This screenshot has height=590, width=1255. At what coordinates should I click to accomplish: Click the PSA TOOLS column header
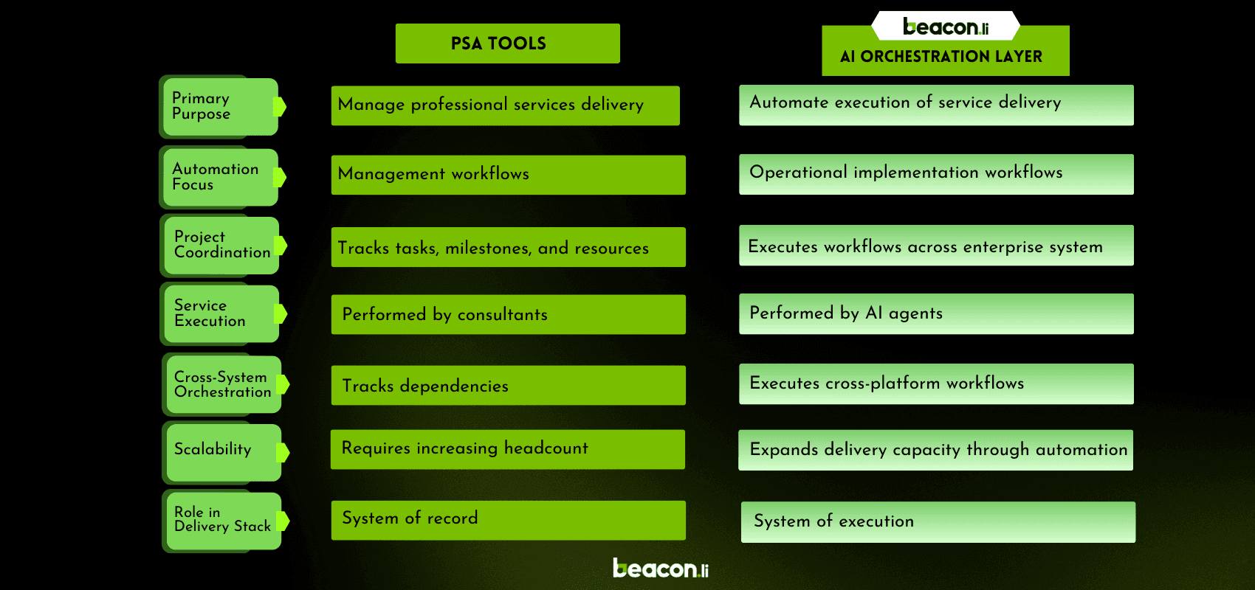pos(507,44)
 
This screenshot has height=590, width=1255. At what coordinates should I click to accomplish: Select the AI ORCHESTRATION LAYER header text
pos(941,57)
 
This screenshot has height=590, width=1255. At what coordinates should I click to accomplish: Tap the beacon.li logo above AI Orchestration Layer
pos(946,27)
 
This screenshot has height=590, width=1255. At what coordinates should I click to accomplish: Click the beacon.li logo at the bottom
pos(660,569)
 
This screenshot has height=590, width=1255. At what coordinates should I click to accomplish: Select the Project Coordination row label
pos(221,245)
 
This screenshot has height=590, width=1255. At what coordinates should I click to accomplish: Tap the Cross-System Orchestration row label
pos(222,384)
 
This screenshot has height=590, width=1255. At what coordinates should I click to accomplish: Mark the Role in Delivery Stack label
pos(222,520)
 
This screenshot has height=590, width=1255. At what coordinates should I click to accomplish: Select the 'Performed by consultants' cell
pos(508,314)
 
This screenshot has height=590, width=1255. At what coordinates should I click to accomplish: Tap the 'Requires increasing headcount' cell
pos(507,449)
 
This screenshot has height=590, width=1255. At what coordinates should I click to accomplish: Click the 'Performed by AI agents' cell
pos(936,313)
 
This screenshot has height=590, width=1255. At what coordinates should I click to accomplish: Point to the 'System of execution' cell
pos(938,522)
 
